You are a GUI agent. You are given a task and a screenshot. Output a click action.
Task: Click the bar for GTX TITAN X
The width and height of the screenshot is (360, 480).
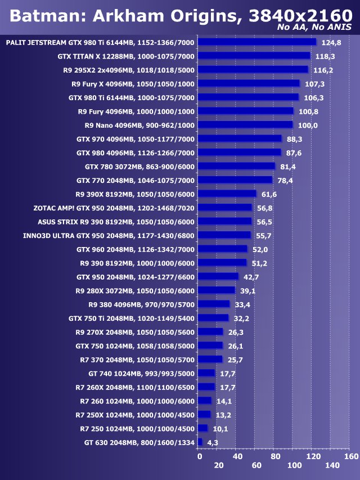tap(254, 56)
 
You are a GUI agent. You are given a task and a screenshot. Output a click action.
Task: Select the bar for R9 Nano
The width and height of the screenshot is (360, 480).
tap(246, 125)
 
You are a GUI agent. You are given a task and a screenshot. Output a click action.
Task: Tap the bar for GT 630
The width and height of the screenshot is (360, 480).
tap(200, 442)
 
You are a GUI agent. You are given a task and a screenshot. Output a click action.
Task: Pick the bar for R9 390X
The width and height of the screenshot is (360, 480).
tap(227, 194)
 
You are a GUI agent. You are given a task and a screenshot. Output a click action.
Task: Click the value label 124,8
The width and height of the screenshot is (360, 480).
tap(331, 42)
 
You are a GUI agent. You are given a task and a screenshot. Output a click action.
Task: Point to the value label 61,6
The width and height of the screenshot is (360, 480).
tap(269, 194)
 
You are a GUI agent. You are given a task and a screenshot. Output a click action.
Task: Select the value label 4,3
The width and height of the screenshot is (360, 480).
tap(213, 443)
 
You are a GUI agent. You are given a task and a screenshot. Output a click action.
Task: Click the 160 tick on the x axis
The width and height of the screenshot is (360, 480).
tap(350, 456)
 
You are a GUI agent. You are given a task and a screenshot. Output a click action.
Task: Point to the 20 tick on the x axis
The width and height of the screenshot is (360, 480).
tap(218, 465)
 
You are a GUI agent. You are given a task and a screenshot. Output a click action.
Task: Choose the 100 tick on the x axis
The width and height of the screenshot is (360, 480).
tap(294, 465)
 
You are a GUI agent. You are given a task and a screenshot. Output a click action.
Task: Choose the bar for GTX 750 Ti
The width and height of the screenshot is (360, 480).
tap(214, 318)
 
